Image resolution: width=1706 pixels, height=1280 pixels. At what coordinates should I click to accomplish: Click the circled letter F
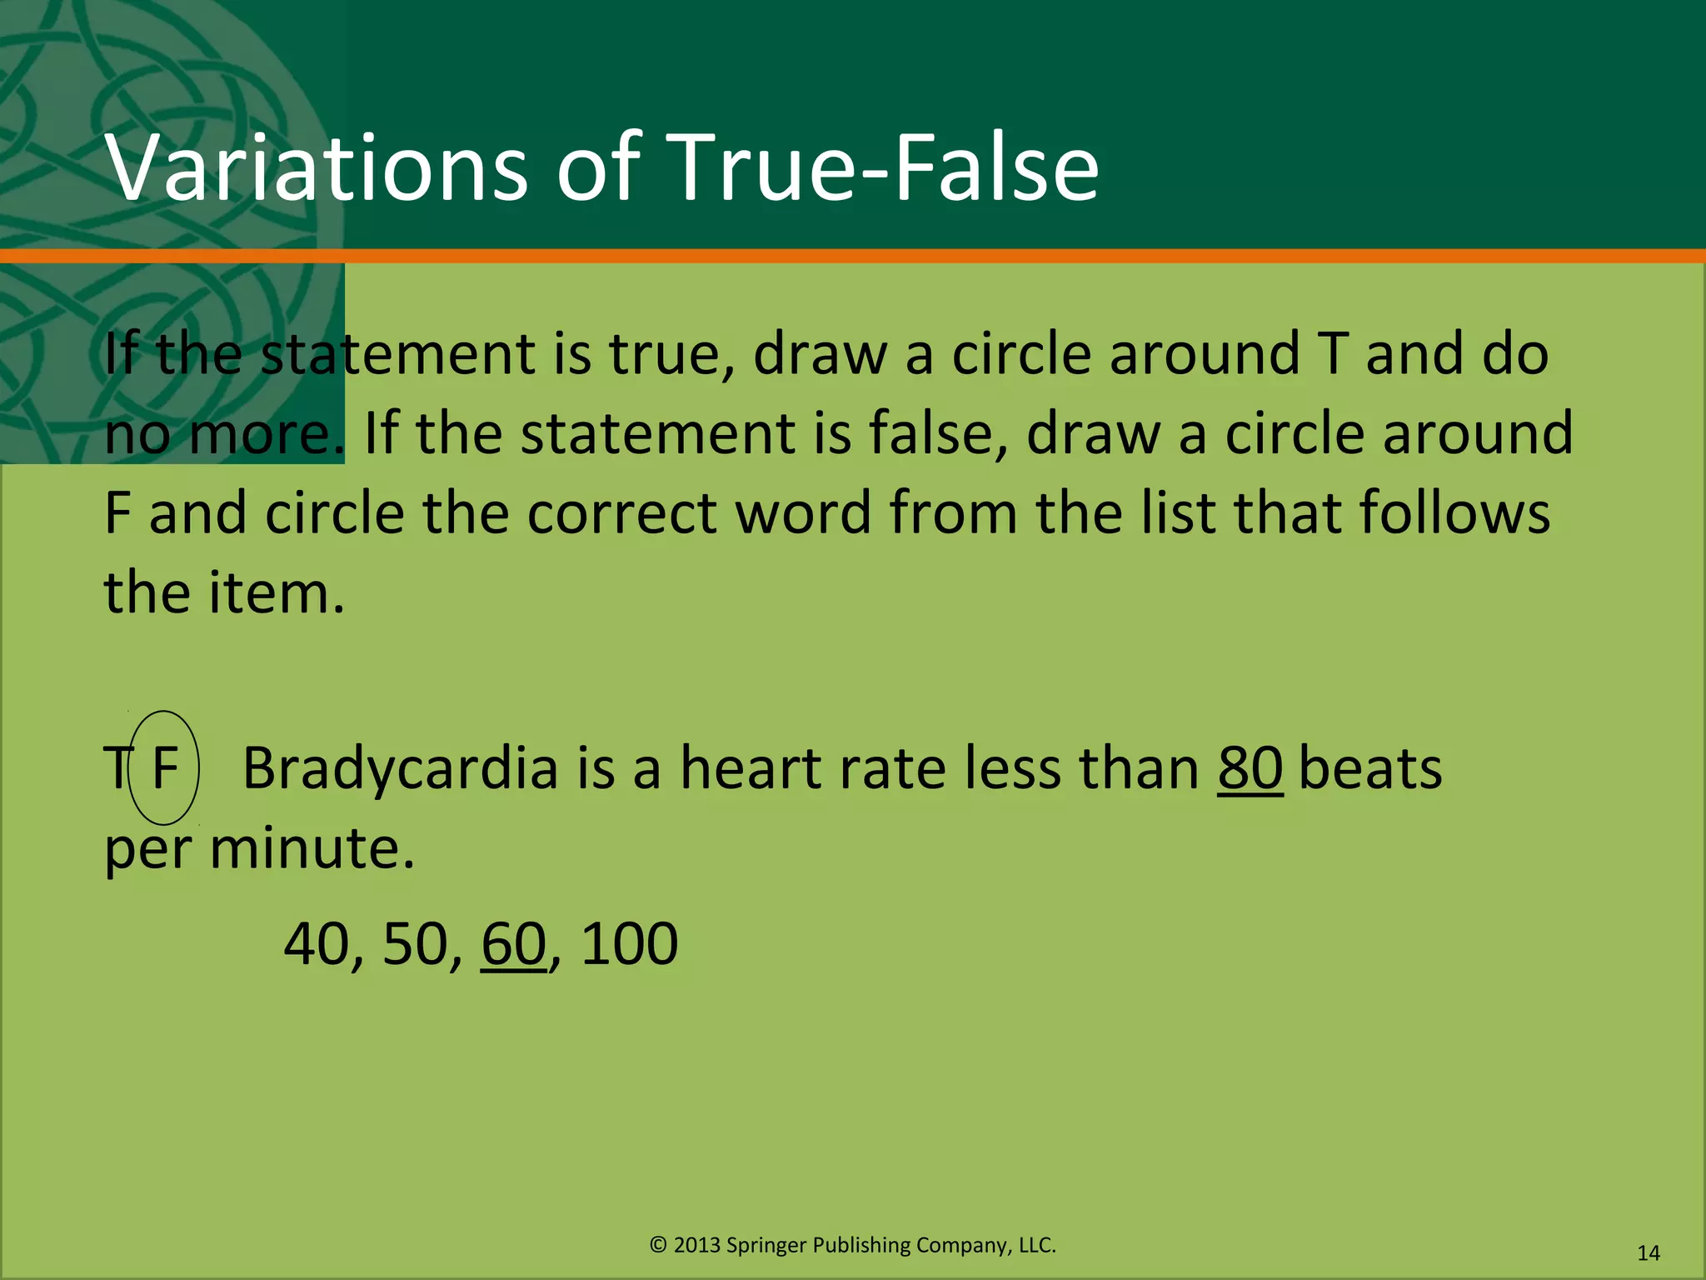coord(165,768)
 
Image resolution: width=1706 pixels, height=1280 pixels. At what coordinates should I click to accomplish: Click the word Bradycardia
coord(400,768)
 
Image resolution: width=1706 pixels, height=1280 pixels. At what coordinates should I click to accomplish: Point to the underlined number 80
coord(1250,768)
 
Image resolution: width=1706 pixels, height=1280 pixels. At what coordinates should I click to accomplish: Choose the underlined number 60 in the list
coord(513,944)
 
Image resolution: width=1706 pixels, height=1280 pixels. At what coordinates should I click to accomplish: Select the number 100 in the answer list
coord(629,944)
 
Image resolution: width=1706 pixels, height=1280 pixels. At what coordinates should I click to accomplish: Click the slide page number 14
coord(1649,1253)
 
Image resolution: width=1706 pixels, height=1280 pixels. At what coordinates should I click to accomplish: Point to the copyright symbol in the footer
coord(658,1245)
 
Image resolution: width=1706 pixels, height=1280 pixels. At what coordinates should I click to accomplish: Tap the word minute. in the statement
coord(312,848)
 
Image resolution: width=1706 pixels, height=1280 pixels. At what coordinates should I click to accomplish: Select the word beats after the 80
coord(1370,768)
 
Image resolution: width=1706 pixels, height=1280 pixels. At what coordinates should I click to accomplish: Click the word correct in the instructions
coord(621,513)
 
